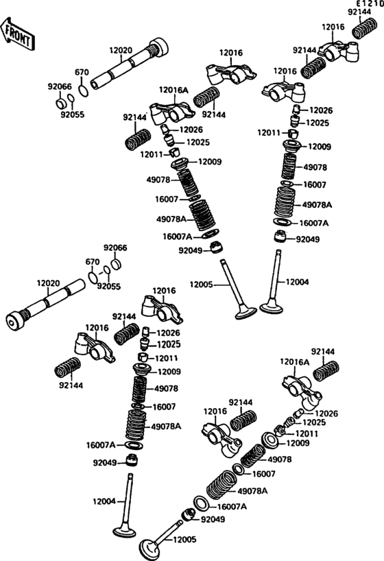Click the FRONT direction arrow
[x=17, y=34]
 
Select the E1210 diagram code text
[x=369, y=4]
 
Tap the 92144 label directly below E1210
[x=359, y=12]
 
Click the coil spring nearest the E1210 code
[x=365, y=28]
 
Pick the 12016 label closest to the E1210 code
[x=333, y=27]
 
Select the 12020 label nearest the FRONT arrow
[x=121, y=51]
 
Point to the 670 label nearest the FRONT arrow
[x=82, y=72]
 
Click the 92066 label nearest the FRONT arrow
[x=60, y=86]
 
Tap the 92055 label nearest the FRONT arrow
[x=72, y=115]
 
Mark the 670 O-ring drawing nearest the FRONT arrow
[x=84, y=91]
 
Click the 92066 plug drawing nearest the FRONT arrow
[x=61, y=104]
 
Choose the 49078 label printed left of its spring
[x=158, y=180]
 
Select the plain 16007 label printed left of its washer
[x=167, y=200]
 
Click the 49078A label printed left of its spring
[x=171, y=219]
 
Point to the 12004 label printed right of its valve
[x=297, y=283]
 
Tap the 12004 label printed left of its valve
[x=104, y=501]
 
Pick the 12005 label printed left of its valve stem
[x=201, y=285]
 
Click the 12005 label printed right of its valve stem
[x=184, y=540]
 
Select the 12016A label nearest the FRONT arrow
[x=173, y=90]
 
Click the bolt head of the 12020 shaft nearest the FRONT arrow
[x=159, y=47]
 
